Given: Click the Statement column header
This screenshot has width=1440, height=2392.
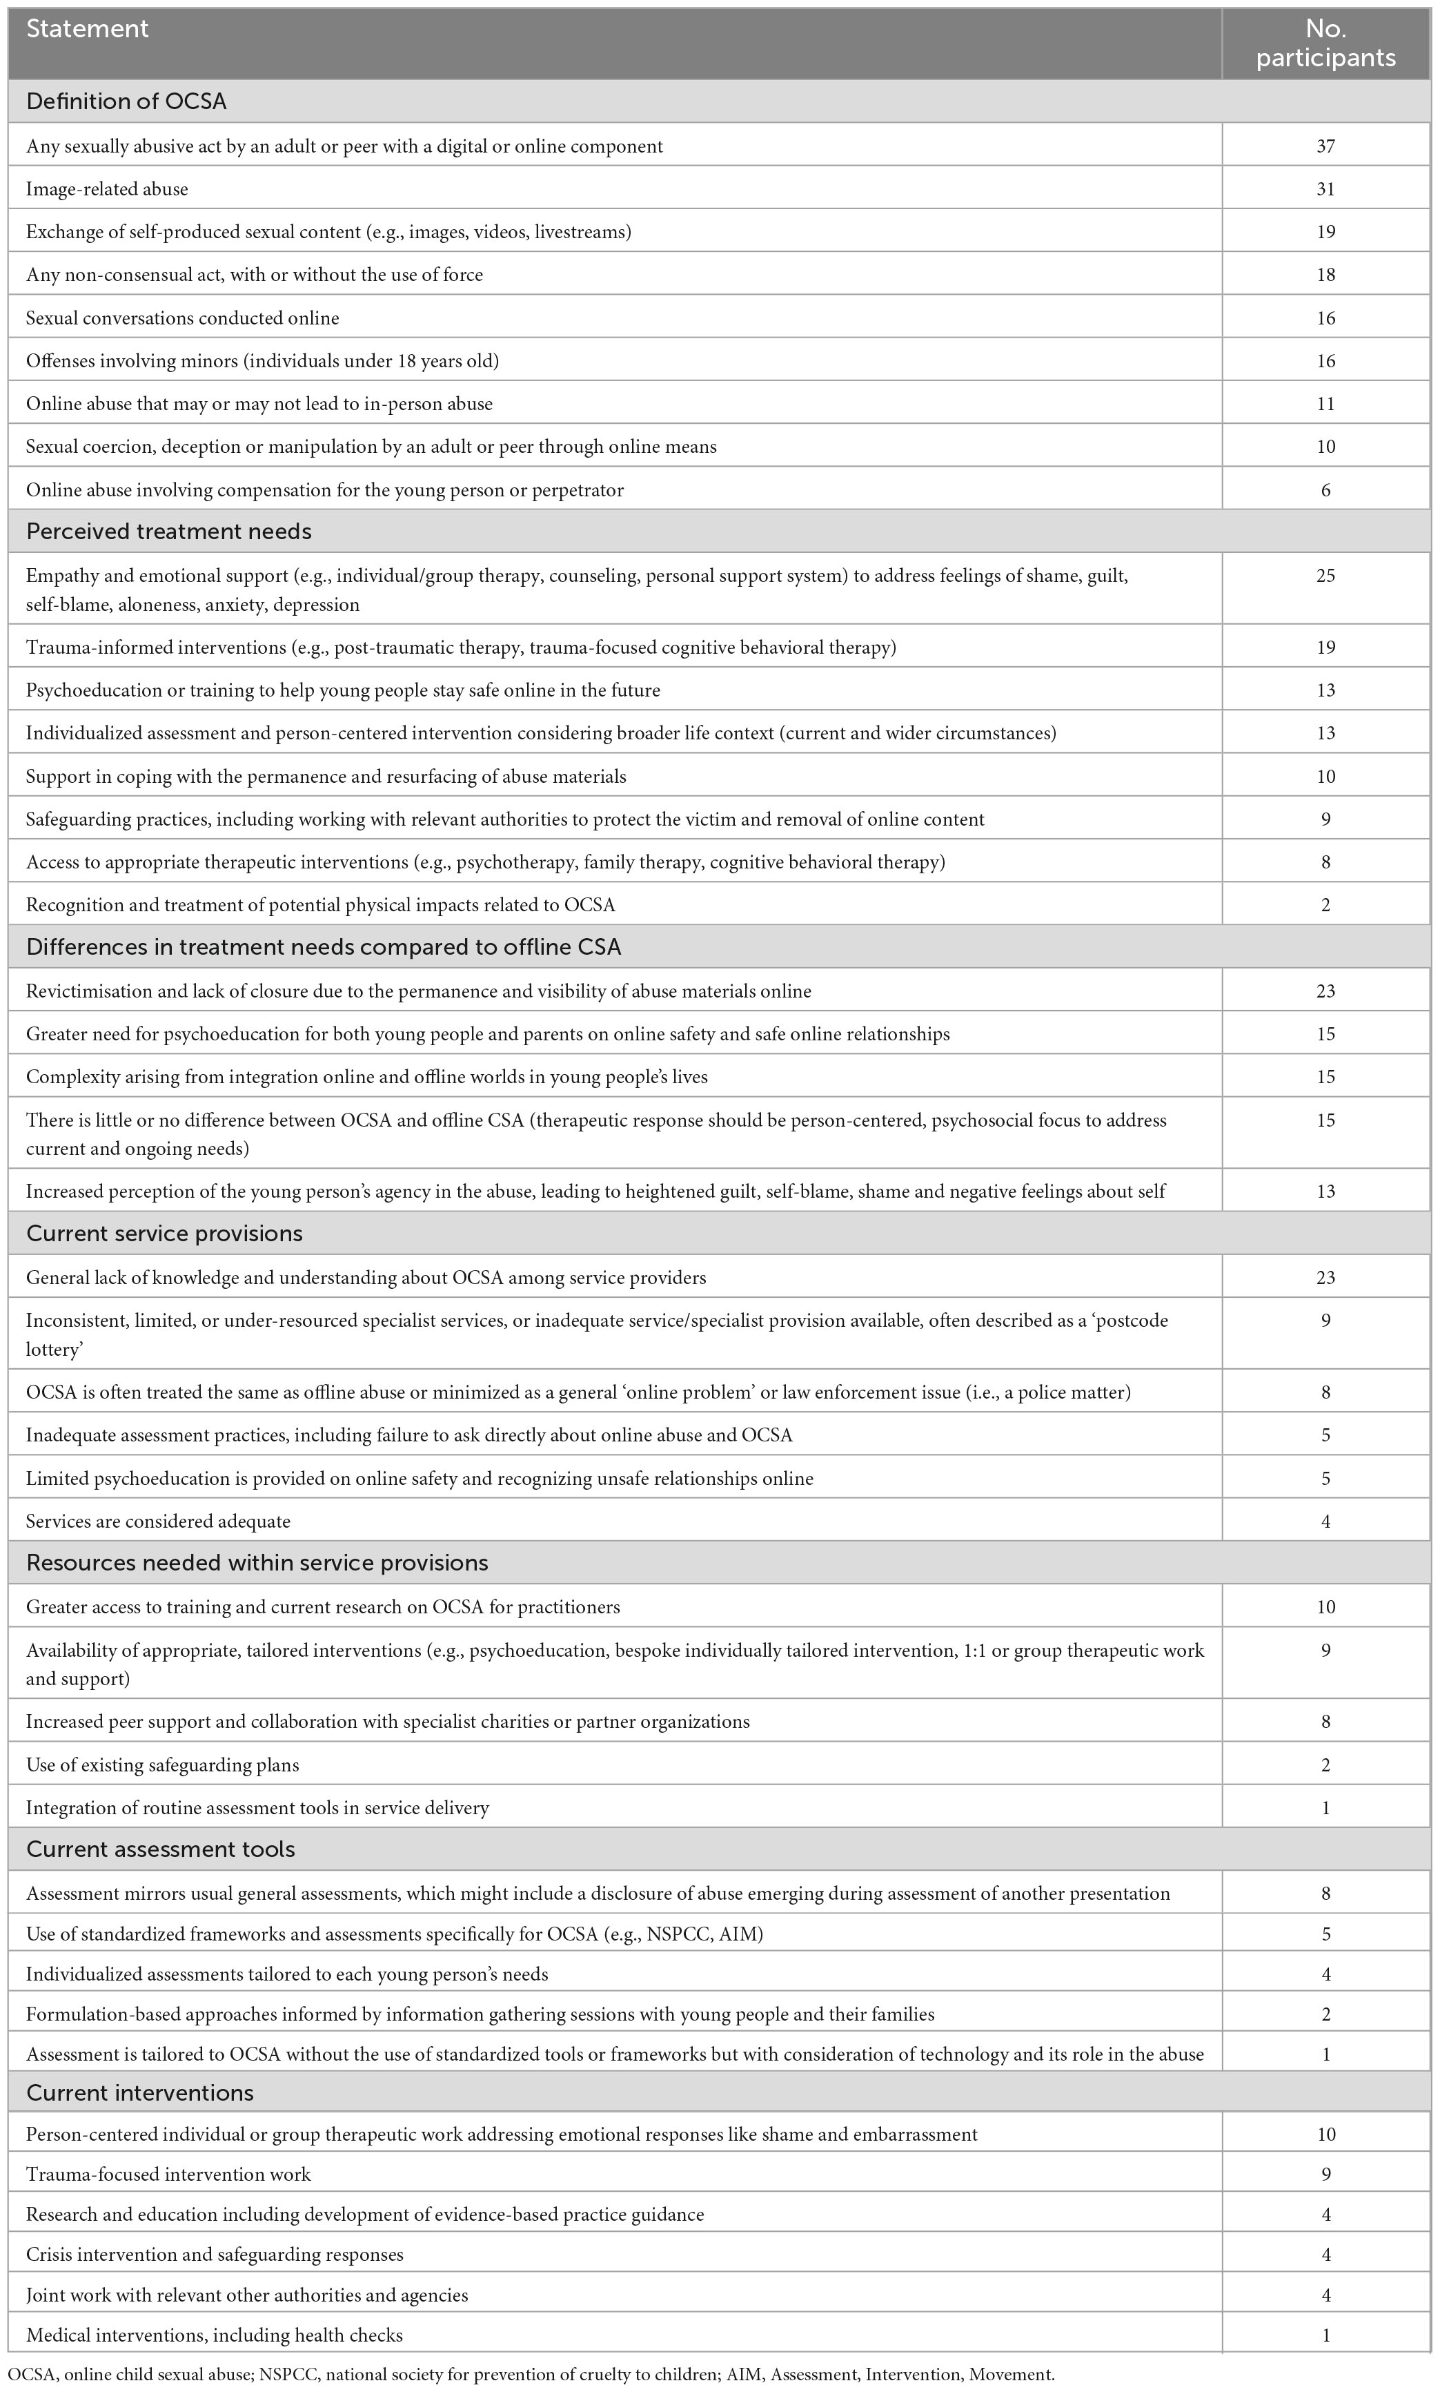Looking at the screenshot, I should [88, 29].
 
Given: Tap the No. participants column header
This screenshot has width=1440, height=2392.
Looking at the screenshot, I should [1325, 43].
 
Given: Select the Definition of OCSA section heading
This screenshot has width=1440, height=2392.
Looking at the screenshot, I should [126, 101].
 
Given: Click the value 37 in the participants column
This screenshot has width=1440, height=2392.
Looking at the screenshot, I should [1325, 146].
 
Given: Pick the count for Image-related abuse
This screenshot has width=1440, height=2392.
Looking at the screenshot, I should [1325, 189].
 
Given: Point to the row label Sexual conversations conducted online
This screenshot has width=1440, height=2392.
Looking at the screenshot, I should [182, 318].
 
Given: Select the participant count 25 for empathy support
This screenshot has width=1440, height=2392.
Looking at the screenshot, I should [1325, 576].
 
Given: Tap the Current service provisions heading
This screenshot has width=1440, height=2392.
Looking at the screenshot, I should [164, 1233].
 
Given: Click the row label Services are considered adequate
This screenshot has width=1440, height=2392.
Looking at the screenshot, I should [158, 1521].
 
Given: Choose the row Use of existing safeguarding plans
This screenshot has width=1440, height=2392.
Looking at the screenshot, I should [162, 1765].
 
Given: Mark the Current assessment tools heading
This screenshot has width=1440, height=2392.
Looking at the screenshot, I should [160, 1849].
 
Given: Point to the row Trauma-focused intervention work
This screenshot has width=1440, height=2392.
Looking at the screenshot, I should [169, 2175].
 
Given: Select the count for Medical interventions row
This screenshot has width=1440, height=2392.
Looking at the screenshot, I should [1325, 2335].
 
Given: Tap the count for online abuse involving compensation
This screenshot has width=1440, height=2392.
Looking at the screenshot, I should [1325, 490].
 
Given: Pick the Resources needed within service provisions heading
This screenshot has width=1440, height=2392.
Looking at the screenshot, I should [257, 1562].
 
